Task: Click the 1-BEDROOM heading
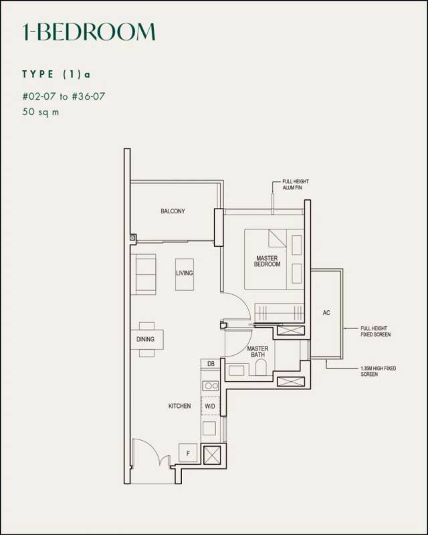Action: [89, 32]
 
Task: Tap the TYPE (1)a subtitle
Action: [56, 74]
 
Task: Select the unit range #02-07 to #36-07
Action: [64, 96]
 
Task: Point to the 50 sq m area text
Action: [41, 112]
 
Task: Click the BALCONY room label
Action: [173, 211]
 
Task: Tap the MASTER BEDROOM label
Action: [267, 261]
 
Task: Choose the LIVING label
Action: [185, 273]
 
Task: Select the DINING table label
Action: [145, 339]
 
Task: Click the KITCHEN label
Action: [179, 406]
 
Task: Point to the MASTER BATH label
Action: [257, 352]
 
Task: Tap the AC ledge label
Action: [326, 313]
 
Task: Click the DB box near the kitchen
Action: [211, 364]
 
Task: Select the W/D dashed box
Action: [210, 406]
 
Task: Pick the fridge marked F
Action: [188, 453]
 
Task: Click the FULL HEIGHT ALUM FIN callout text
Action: [296, 185]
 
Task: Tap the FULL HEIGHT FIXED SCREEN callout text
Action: [375, 331]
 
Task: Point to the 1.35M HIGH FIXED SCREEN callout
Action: [378, 371]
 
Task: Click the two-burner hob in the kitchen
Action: [211, 386]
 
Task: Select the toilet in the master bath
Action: [261, 368]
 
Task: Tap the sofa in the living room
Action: [144, 274]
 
